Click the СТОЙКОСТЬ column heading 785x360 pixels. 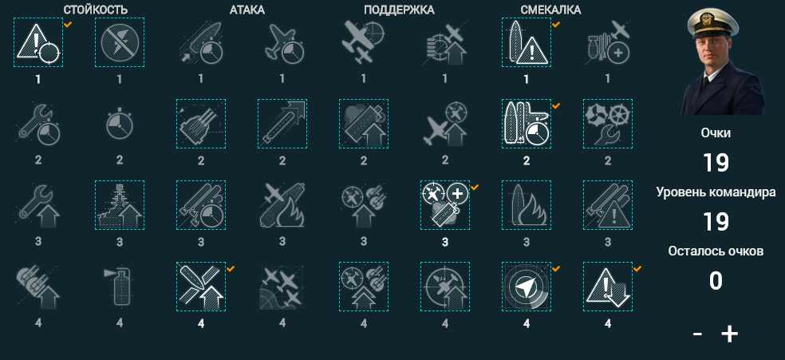96,10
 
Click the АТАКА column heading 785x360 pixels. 247,10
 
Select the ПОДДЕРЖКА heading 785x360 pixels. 399,10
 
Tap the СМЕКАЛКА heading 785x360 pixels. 550,10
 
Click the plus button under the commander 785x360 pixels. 729,334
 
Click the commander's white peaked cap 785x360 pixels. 713,23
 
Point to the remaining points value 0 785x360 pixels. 716,281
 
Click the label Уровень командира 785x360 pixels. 716,192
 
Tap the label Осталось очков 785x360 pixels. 716,251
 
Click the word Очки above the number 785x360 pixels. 716,133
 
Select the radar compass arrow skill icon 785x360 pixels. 527,287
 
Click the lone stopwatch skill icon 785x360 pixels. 120,125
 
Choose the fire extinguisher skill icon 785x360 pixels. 120,287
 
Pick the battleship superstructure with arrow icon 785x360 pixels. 120,205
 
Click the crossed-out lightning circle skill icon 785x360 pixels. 120,42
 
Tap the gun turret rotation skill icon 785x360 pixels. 201,124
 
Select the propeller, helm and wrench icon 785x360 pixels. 608,124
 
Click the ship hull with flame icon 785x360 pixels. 527,205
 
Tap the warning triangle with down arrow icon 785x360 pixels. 608,287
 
